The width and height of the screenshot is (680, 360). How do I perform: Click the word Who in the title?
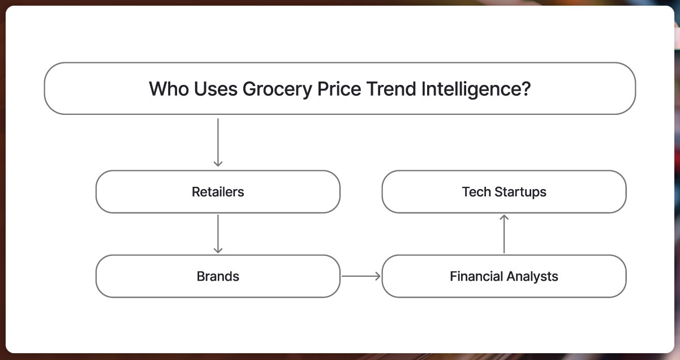tap(169, 89)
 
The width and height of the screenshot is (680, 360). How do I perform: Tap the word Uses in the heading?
tap(216, 89)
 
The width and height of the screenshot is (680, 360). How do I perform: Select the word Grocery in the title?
tap(277, 90)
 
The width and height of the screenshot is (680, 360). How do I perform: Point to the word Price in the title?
tap(339, 89)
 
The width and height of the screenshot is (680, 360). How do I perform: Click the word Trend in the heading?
tap(391, 89)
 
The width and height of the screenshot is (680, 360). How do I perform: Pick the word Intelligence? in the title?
tap(476, 90)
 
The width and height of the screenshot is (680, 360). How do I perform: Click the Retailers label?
tap(218, 192)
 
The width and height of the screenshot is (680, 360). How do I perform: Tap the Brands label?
tap(218, 276)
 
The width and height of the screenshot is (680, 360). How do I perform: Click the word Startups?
tap(520, 193)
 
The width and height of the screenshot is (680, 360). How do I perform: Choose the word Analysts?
tap(532, 277)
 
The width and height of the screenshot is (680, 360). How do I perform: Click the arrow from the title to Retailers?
tap(218, 143)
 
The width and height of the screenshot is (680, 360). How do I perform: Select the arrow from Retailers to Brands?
tap(218, 234)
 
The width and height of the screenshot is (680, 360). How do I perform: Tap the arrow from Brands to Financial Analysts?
tap(361, 276)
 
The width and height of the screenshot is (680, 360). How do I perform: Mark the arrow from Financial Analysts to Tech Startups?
tap(504, 234)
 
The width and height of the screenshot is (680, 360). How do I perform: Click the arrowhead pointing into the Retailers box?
tap(218, 164)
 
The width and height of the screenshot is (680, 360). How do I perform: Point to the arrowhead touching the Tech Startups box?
tap(504, 217)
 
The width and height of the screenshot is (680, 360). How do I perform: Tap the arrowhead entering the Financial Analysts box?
tap(378, 276)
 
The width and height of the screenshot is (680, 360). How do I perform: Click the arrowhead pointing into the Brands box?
tap(218, 251)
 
